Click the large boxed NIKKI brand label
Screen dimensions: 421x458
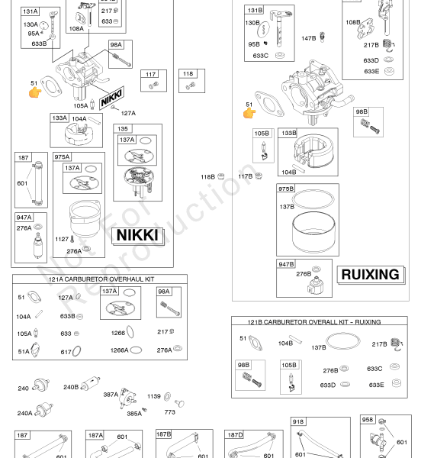point(137,235)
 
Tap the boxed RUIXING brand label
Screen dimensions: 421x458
point(370,275)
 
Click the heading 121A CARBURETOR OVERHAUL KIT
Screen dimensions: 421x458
point(101,279)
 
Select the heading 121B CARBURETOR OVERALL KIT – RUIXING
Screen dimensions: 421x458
point(314,322)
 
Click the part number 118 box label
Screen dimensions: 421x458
point(188,73)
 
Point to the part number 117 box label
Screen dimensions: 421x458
point(150,74)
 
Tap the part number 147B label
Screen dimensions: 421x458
point(309,38)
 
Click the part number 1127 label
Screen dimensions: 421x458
point(62,239)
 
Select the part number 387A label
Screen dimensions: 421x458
point(111,395)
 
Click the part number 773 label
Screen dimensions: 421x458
point(169,412)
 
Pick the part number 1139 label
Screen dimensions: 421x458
point(154,396)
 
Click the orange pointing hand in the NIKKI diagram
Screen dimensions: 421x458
point(35,92)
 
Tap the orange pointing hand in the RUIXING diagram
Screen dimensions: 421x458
point(249,113)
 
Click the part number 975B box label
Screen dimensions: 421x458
point(286,189)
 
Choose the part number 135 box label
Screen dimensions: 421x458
point(123,129)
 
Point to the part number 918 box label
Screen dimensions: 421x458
point(298,422)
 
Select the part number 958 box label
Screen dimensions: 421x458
point(368,420)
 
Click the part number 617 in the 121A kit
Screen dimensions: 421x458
point(66,352)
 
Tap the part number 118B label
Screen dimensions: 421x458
point(207,177)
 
